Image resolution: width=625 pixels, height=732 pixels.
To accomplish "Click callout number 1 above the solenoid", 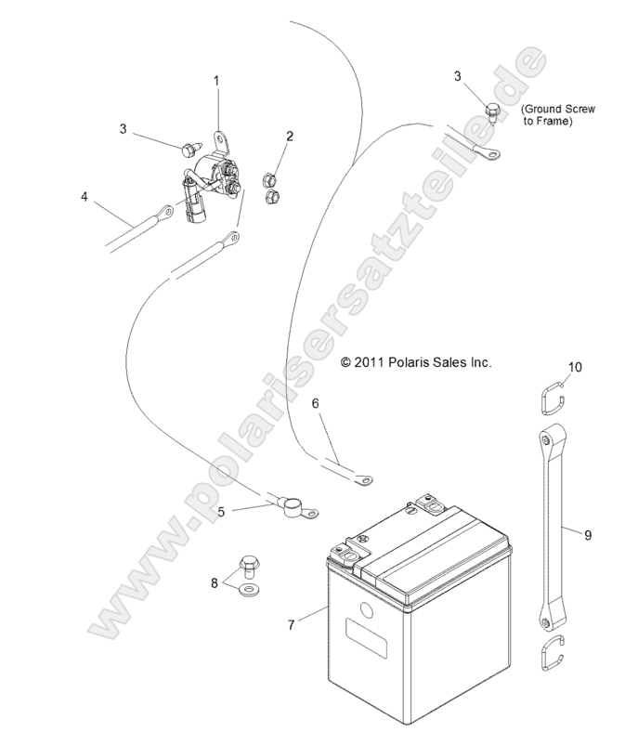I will [217, 82].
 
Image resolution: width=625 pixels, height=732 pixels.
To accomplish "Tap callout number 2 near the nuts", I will [290, 137].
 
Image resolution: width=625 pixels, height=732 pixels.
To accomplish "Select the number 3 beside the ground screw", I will [458, 75].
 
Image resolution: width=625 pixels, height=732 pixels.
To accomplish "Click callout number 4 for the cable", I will [85, 197].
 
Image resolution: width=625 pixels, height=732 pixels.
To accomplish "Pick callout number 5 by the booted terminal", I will [221, 511].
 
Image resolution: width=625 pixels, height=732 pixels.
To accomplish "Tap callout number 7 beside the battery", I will [292, 625].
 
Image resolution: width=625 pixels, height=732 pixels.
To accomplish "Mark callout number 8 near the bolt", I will [215, 584].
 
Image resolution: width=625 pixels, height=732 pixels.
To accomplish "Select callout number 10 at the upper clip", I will [575, 368].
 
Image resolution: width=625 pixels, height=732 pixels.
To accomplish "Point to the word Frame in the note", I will [553, 121].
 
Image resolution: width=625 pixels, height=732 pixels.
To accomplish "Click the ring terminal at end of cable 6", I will [366, 480].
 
